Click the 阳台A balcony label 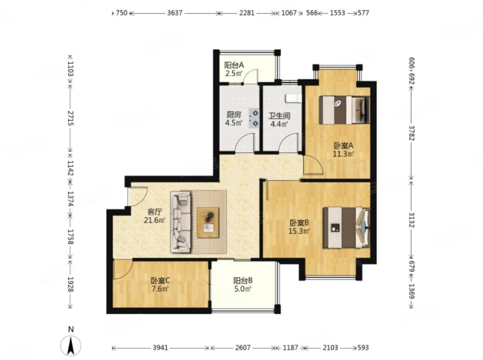coord(234,65)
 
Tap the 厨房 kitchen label coord(233,115)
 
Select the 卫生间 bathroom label coord(279,116)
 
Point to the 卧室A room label coord(343,145)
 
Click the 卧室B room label coord(299,223)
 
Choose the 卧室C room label coord(160,281)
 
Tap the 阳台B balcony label coord(243,281)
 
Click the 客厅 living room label coord(155,212)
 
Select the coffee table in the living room coord(208,223)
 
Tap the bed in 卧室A coord(344,110)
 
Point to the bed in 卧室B coord(346,228)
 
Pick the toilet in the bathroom coord(293,98)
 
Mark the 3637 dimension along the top coord(175,13)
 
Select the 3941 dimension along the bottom coord(160,348)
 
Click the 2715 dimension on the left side coord(70,118)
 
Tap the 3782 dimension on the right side coord(412,133)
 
